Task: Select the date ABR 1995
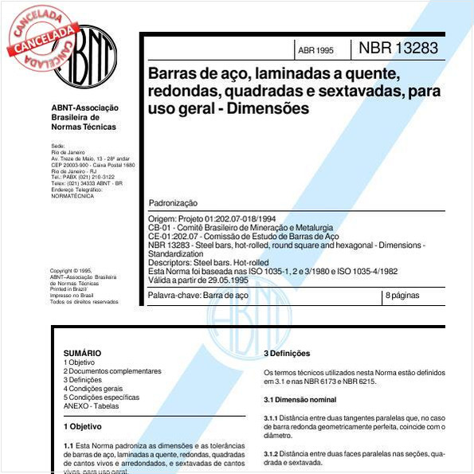[315, 50]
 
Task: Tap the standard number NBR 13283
[398, 48]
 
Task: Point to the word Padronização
[173, 203]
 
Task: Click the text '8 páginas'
[402, 295]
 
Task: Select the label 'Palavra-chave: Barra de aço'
[198, 295]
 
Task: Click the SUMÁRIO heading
[82, 352]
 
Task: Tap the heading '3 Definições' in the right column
[287, 353]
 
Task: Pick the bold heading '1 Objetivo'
[83, 426]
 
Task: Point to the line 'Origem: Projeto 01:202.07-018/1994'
[212, 218]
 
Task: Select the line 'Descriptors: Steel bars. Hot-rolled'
[209, 262]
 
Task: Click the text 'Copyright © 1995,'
[71, 270]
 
